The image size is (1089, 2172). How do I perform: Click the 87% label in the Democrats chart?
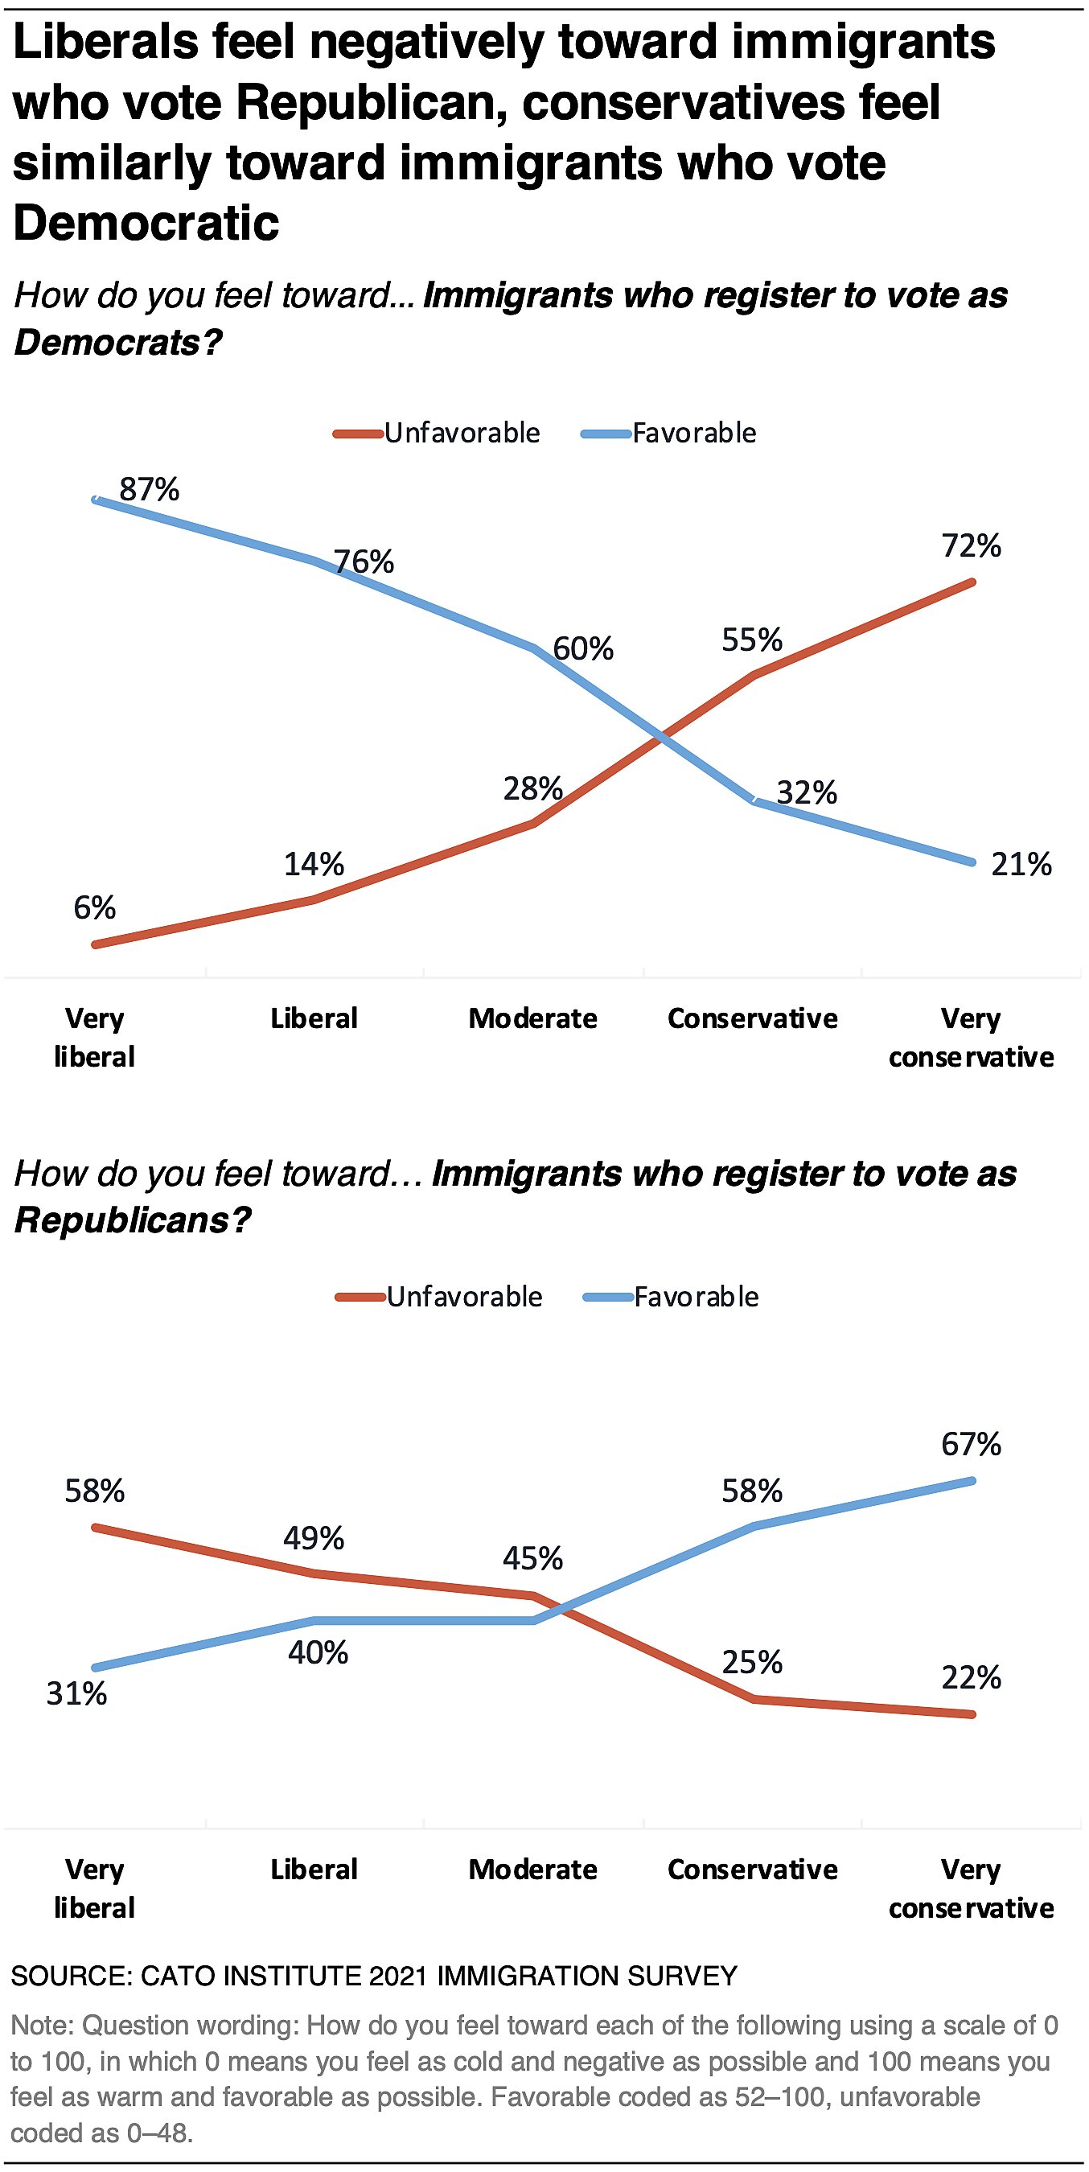point(149,490)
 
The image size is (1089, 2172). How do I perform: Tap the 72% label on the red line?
point(971,546)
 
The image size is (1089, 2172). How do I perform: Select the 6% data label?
point(94,908)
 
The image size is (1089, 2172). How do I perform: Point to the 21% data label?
point(1021,864)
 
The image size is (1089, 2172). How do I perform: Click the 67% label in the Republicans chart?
point(971,1444)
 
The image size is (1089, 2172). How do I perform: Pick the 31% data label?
point(76,1693)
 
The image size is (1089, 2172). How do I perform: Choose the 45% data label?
point(532,1558)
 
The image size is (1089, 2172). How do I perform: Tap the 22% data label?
point(971,1678)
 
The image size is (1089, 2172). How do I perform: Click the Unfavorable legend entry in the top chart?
point(462,434)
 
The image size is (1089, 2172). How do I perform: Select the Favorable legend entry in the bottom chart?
point(697,1297)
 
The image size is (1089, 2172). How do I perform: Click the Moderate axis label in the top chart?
point(532,1018)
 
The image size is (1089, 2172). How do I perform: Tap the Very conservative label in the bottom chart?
point(971,1888)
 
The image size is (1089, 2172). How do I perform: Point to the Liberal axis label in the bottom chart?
point(314,1870)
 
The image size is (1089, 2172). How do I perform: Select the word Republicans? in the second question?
point(134,1221)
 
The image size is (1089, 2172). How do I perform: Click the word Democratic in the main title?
point(146,224)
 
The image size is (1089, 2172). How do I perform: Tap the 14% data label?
point(314,864)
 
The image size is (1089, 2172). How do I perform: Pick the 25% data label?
point(752,1663)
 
